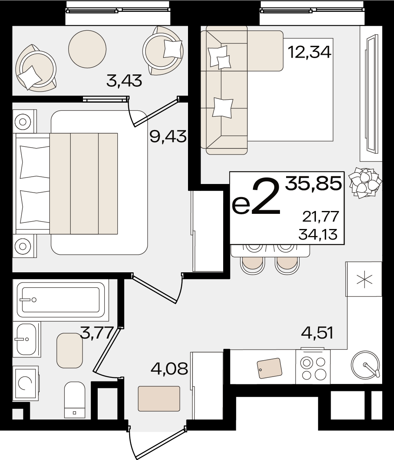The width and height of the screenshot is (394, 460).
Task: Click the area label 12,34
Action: click(x=309, y=52)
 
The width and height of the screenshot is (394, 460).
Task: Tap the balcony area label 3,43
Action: click(x=124, y=81)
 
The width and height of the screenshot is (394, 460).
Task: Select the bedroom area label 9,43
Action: click(x=168, y=137)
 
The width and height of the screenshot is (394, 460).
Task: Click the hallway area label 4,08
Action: click(x=169, y=368)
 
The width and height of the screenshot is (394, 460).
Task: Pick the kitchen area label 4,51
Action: click(x=318, y=333)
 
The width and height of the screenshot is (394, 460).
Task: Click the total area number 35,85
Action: click(x=313, y=183)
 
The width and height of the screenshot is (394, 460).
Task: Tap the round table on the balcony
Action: click(x=87, y=49)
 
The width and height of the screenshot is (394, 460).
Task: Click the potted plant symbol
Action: click(x=365, y=182)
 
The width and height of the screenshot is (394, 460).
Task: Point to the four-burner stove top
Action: click(x=313, y=366)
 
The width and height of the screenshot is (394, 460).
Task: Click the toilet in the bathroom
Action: click(x=74, y=399)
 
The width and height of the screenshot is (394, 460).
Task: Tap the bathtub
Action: click(x=60, y=300)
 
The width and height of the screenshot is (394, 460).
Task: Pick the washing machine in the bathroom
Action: click(x=25, y=383)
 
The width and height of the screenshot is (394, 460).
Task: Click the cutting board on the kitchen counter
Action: click(x=269, y=368)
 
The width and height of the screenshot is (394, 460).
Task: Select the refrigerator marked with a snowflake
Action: click(x=364, y=279)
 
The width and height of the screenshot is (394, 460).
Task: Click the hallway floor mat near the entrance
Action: click(x=159, y=398)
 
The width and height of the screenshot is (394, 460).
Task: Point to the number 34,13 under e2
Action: click(x=318, y=234)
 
